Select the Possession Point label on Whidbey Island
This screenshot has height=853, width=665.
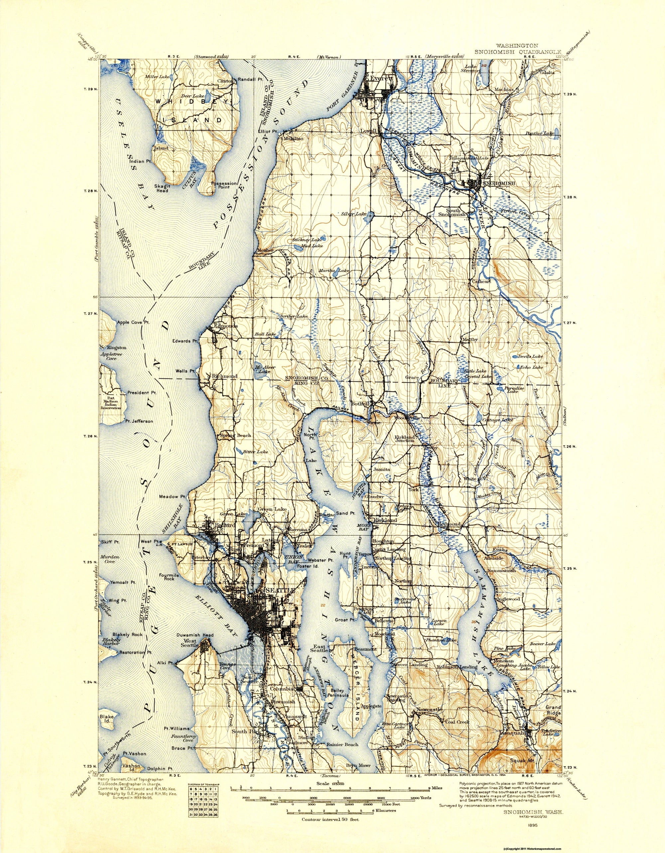224,185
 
